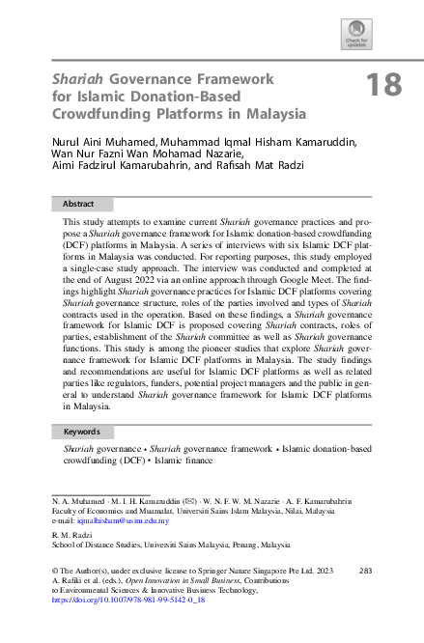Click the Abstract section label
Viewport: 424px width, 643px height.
point(78,205)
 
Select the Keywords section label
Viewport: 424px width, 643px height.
point(82,433)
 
